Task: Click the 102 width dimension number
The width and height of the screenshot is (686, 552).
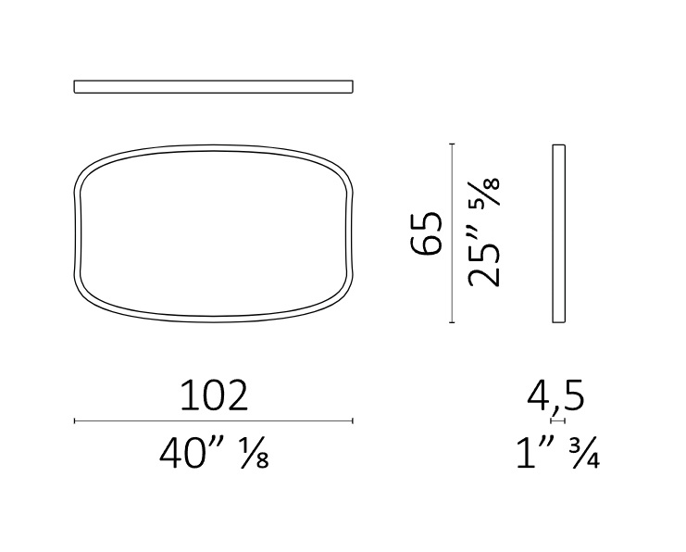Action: point(214,395)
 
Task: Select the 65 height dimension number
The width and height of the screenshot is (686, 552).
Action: point(426,232)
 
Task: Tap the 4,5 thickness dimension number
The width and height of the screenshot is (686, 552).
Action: point(555,397)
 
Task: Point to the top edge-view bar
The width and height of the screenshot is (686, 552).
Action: point(214,87)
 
